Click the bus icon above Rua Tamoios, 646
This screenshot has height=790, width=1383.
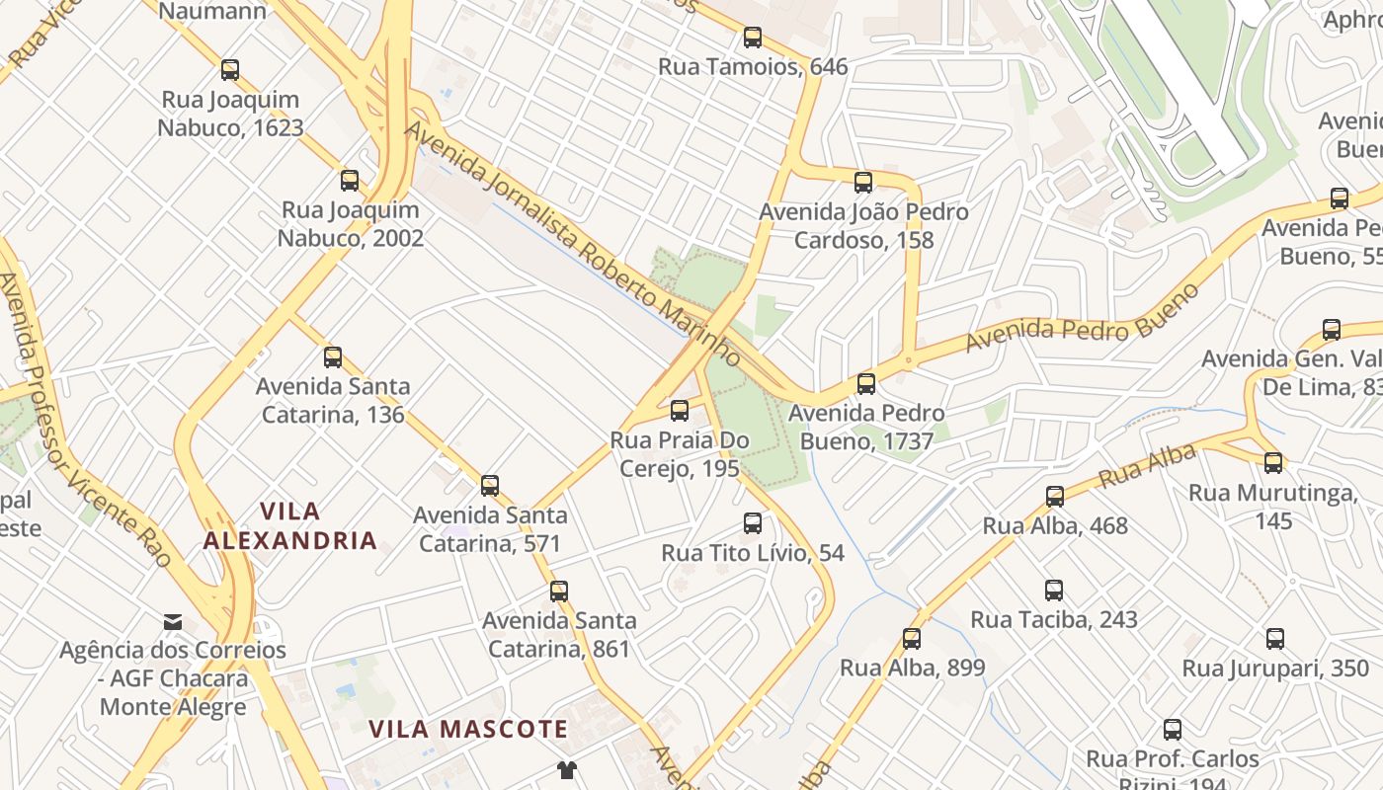(x=753, y=39)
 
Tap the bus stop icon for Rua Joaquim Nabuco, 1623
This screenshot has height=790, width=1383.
(x=230, y=70)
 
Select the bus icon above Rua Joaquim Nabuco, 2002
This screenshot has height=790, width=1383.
(x=350, y=181)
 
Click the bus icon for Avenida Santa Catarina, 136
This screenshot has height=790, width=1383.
(x=333, y=357)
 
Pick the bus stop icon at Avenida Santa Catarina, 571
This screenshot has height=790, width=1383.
(x=490, y=486)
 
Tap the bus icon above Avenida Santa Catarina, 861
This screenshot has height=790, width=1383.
(x=559, y=592)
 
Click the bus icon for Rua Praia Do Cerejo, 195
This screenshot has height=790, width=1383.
(x=680, y=411)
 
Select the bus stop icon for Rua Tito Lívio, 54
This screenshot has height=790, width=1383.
(x=753, y=523)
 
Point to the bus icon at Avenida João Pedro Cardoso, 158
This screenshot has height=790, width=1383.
(x=863, y=183)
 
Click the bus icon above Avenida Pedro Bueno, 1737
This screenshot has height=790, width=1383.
(x=866, y=384)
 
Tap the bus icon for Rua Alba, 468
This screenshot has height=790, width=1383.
(x=1055, y=497)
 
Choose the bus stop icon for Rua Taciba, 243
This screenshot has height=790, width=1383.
(x=1054, y=591)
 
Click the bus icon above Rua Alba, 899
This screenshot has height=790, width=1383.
(x=912, y=639)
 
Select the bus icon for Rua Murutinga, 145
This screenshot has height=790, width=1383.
(x=1273, y=462)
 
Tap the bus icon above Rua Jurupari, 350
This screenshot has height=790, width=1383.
(x=1275, y=639)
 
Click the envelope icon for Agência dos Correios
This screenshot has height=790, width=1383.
(x=173, y=621)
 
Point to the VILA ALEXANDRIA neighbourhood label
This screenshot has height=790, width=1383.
(x=290, y=526)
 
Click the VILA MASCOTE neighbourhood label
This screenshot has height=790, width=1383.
(x=468, y=730)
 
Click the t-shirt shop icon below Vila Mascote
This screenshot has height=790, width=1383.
(x=566, y=769)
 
